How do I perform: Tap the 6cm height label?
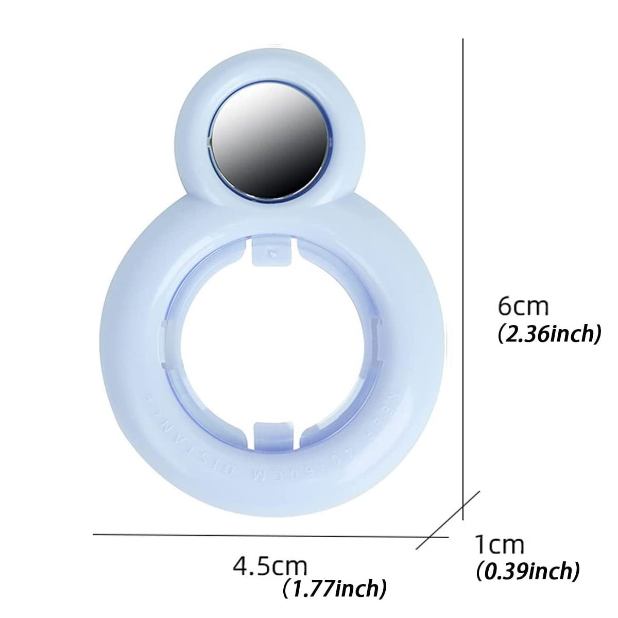(523, 307)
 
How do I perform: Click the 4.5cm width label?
(270, 565)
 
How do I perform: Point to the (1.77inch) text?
(335, 588)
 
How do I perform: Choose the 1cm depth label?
(499, 545)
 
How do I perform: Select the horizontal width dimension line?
(257, 535)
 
